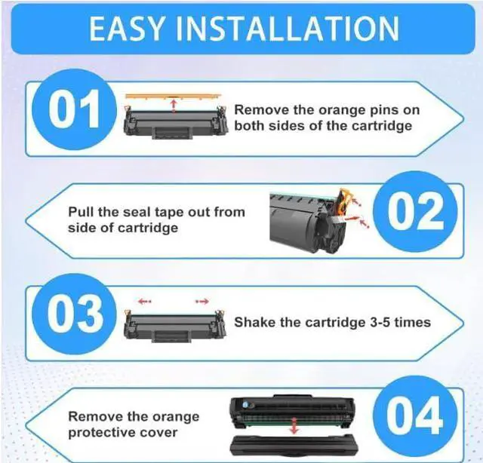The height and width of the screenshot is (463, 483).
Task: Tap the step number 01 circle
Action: (73, 111)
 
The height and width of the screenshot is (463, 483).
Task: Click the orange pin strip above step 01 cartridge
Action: (171, 96)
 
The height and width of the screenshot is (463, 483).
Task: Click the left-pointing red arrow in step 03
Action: (144, 301)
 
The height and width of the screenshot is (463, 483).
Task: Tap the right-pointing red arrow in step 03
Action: (202, 301)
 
